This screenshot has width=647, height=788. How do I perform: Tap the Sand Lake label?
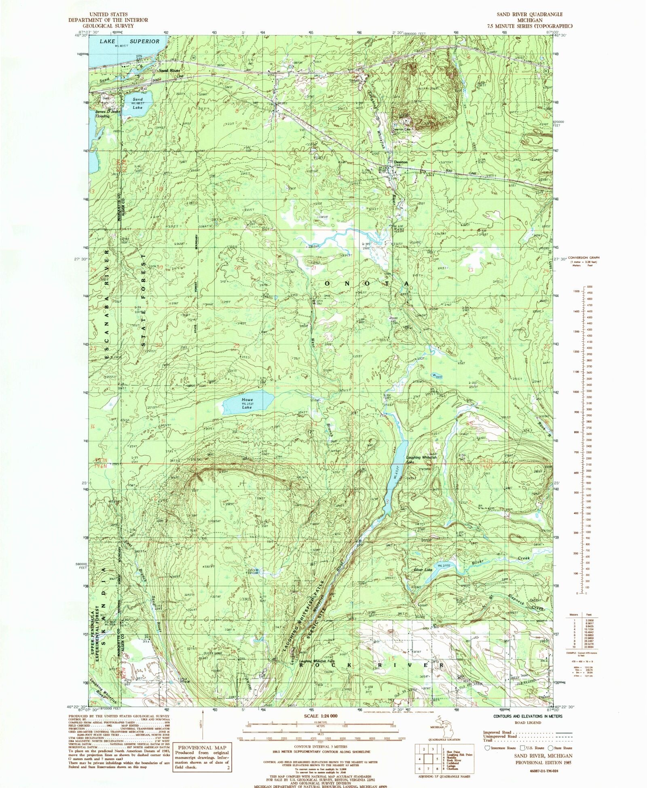137,104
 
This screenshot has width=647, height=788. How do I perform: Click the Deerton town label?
401,162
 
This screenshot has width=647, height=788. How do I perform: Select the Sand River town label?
169,70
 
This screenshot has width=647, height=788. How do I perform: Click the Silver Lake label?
423,570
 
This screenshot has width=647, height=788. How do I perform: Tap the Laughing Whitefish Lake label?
421,460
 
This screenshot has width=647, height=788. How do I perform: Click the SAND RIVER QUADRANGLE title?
529,15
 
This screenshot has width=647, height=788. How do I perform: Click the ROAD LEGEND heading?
528,723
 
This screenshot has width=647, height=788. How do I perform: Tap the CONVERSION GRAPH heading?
584,257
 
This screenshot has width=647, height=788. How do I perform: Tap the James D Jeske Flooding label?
107,114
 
